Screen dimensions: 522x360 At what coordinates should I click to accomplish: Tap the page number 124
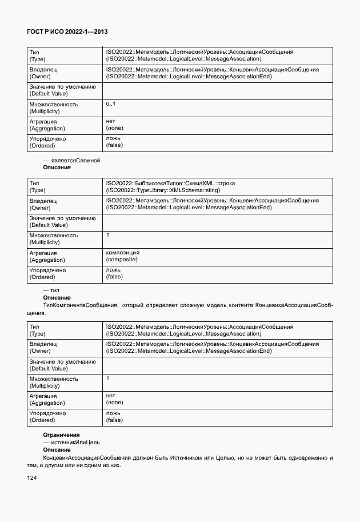[x=33, y=477]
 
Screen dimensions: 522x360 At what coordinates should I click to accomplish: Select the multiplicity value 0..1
[x=110, y=103]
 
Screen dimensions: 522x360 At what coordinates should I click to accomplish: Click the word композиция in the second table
[x=122, y=252]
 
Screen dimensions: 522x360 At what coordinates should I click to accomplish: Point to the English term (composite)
[x=122, y=260]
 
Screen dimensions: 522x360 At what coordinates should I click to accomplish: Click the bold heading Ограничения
[x=61, y=435]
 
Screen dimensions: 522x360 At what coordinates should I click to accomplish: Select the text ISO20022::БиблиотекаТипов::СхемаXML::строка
[x=170, y=184]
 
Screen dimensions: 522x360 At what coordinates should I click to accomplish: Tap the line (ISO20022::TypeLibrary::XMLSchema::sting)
[x=163, y=190]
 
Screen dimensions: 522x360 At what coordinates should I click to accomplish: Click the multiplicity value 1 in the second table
[x=108, y=235]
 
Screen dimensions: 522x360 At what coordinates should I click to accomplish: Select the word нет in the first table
[x=111, y=121]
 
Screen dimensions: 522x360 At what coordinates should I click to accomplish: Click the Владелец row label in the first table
[x=43, y=70]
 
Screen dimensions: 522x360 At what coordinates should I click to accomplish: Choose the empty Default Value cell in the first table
[x=217, y=90]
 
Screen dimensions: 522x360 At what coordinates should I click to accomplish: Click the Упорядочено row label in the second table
[x=47, y=270]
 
